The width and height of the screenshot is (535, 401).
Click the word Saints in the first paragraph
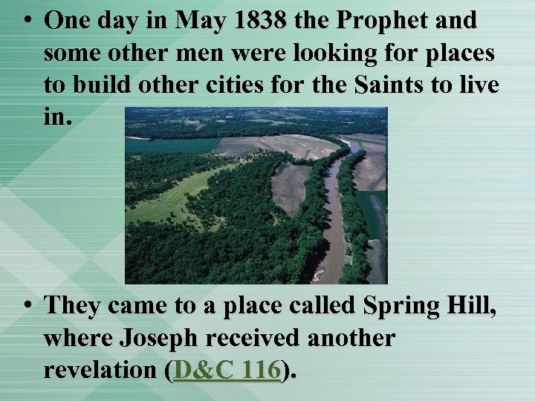coord(393,85)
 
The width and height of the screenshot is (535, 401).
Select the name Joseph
coord(156,339)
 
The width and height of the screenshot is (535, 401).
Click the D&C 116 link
coord(227,370)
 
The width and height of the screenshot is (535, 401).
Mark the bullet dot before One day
coord(27,21)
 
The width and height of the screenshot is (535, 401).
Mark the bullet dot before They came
coord(27,305)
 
